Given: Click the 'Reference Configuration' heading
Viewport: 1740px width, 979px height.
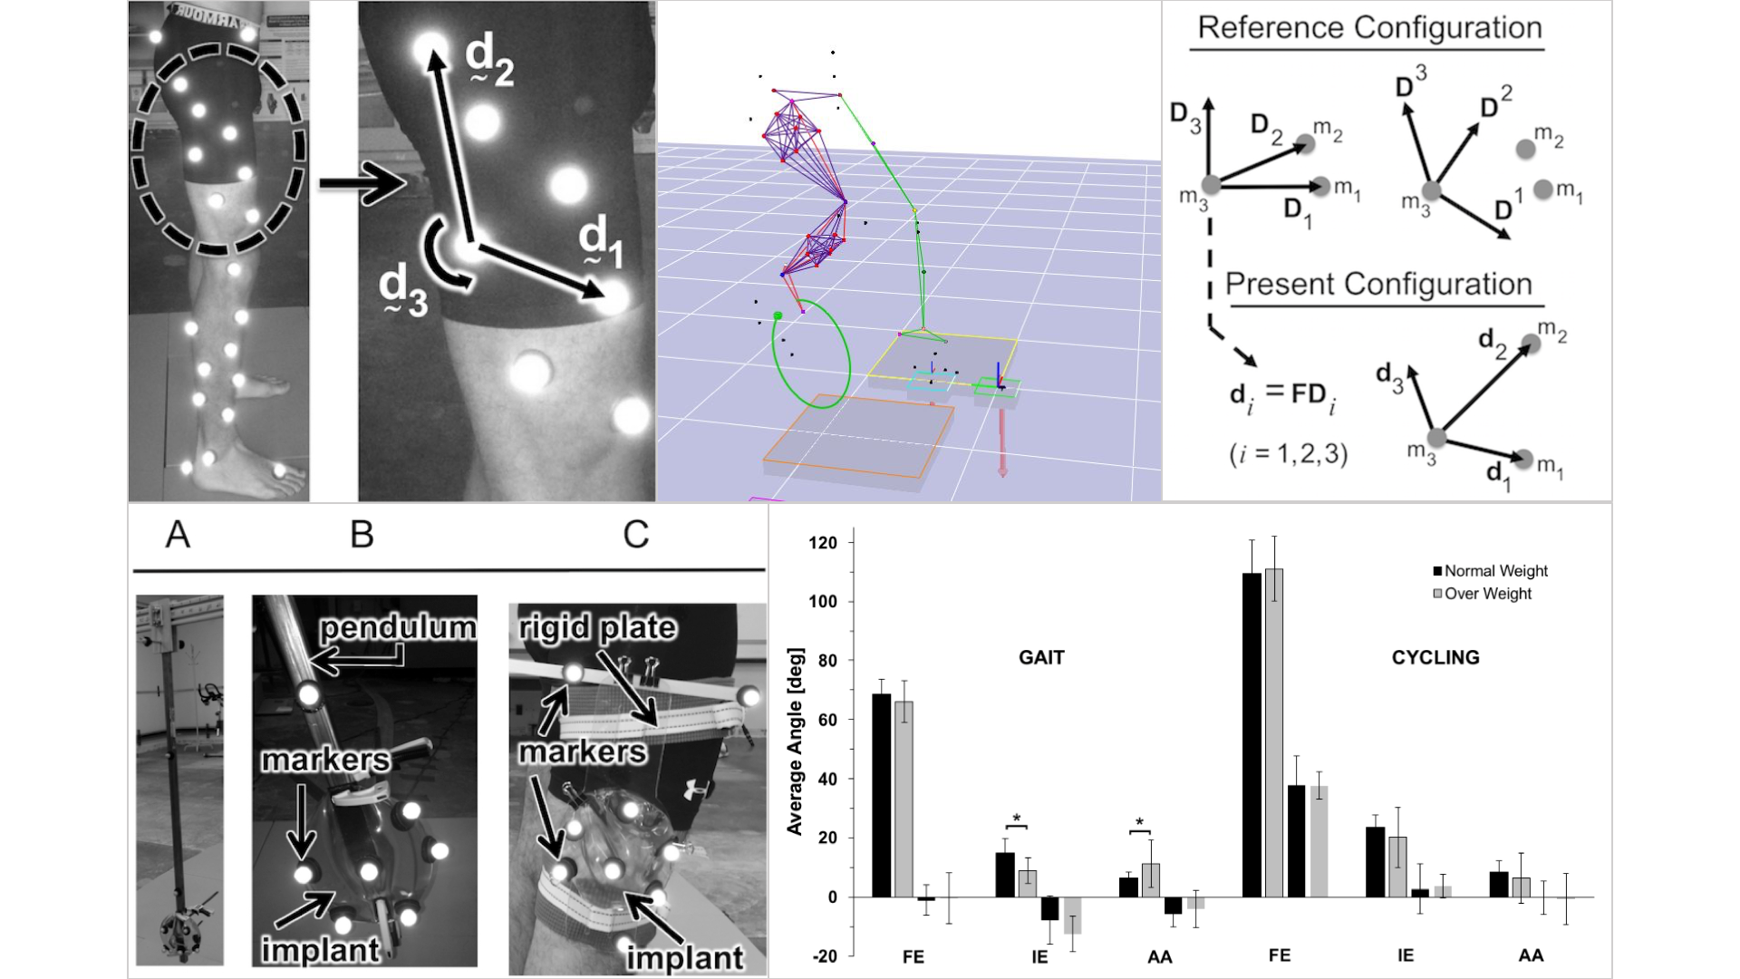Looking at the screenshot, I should pyautogui.click(x=1369, y=28).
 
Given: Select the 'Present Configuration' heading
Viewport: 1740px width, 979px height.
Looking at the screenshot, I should pyautogui.click(x=1378, y=285).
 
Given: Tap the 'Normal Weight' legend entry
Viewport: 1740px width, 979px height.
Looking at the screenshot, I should pyautogui.click(x=1495, y=571).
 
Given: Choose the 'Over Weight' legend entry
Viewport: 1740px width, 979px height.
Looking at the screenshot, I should pyautogui.click(x=1487, y=594).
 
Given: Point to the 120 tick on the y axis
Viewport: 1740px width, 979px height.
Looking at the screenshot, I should pyautogui.click(x=824, y=543).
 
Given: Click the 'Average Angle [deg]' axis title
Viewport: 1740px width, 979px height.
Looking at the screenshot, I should pyautogui.click(x=795, y=741).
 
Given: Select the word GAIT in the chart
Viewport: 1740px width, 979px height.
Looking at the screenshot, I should pyautogui.click(x=1041, y=657).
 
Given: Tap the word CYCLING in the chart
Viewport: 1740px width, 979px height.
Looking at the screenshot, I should pyautogui.click(x=1435, y=657).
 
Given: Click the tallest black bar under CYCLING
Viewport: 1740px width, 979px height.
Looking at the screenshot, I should pyautogui.click(x=1252, y=734).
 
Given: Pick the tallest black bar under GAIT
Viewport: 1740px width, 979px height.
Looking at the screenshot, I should pyautogui.click(x=881, y=795).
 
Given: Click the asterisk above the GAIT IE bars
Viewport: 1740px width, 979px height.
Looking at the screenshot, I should pyautogui.click(x=1017, y=819).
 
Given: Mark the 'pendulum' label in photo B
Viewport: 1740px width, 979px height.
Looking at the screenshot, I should pyautogui.click(x=398, y=627).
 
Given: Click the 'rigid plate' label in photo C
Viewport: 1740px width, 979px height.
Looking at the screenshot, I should pyautogui.click(x=597, y=627).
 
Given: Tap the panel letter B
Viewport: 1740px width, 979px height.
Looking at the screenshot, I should pyautogui.click(x=362, y=535).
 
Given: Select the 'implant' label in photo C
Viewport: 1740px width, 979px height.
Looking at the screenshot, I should pyautogui.click(x=684, y=957).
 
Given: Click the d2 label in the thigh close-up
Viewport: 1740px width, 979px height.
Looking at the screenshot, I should pyautogui.click(x=489, y=61).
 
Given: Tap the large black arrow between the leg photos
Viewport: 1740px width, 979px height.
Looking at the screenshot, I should pyautogui.click(x=362, y=186).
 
